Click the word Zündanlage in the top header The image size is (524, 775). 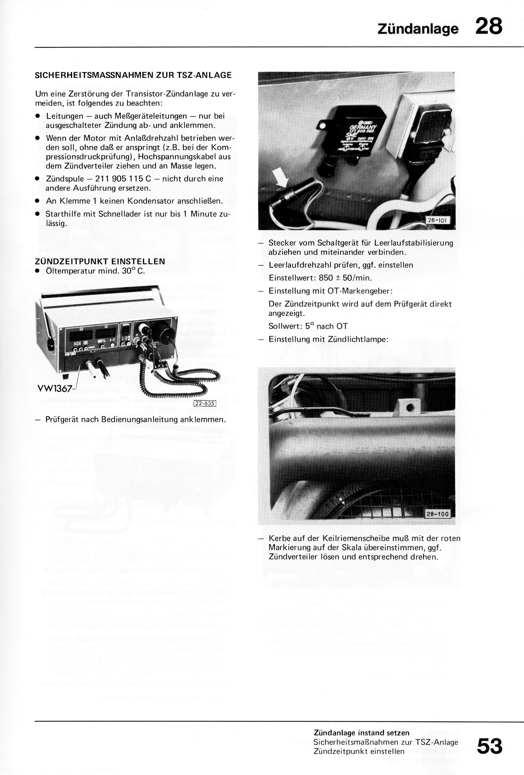click(418, 29)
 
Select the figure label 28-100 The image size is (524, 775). click(438, 514)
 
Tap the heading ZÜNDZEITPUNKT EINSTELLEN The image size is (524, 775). click(100, 261)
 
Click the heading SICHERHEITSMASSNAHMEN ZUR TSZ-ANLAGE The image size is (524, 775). click(133, 75)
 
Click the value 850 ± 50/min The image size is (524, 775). click(345, 278)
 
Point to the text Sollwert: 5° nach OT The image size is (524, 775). click(308, 326)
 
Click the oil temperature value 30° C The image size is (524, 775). click(133, 271)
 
